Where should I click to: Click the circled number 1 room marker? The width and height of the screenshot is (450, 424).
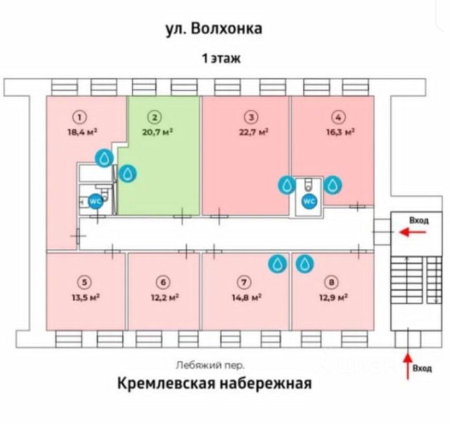pyautogui.click(x=82, y=117)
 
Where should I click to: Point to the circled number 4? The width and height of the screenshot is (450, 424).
pyautogui.click(x=338, y=118)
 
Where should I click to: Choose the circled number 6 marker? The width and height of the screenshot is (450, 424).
pyautogui.click(x=163, y=283)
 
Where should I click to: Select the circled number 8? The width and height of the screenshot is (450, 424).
pyautogui.click(x=332, y=283)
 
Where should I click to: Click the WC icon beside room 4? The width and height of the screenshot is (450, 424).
pyautogui.click(x=309, y=201)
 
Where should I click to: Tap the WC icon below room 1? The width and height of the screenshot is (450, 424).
pyautogui.click(x=95, y=201)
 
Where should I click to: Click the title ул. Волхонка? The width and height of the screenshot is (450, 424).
pyautogui.click(x=214, y=29)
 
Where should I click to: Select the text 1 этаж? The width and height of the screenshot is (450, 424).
pyautogui.click(x=221, y=58)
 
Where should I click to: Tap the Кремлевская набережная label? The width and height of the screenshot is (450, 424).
pyautogui.click(x=214, y=383)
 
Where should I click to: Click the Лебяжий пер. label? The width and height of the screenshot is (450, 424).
pyautogui.click(x=210, y=365)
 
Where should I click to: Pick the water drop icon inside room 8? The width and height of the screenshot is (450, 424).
pyautogui.click(x=305, y=263)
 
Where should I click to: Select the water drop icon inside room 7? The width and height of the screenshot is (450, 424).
pyautogui.click(x=277, y=263)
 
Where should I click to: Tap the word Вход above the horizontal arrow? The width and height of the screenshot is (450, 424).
pyautogui.click(x=419, y=220)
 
